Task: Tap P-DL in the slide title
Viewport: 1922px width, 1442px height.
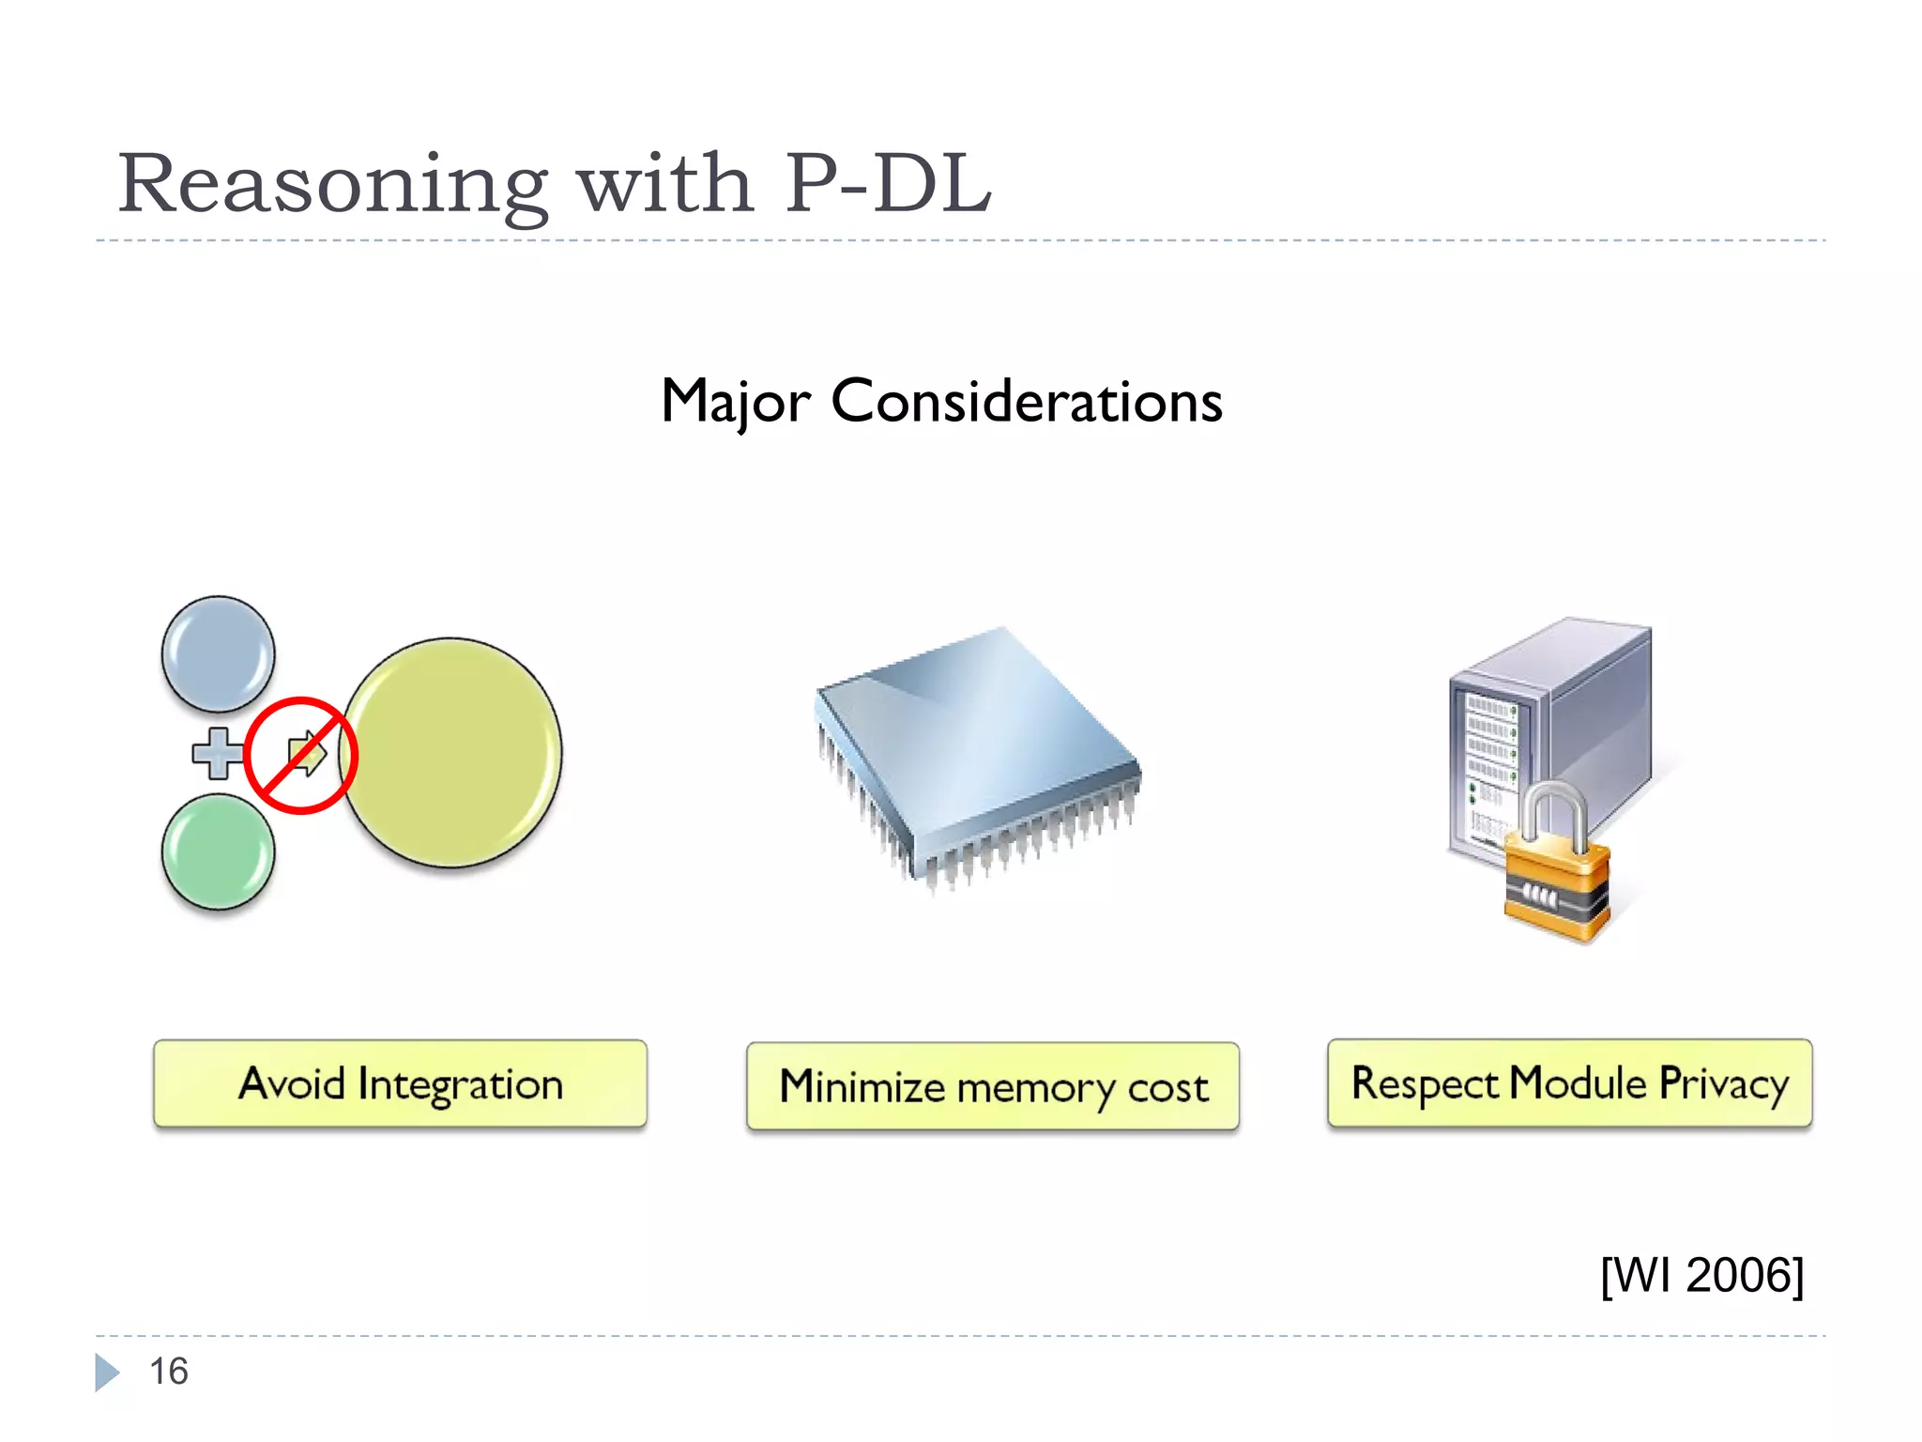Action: (x=888, y=184)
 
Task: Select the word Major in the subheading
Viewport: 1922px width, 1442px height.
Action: (x=735, y=403)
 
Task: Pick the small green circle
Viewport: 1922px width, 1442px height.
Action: (x=218, y=852)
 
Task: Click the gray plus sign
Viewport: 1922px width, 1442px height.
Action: (x=217, y=754)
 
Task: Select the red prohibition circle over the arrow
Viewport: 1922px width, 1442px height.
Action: (x=300, y=755)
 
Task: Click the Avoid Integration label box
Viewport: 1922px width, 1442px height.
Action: (x=400, y=1083)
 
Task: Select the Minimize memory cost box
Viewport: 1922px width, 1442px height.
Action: (x=993, y=1086)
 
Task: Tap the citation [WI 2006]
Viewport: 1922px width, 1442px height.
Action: (x=1701, y=1275)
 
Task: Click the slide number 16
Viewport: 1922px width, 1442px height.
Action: (x=169, y=1372)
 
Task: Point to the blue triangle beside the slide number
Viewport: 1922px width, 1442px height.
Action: (x=106, y=1373)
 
